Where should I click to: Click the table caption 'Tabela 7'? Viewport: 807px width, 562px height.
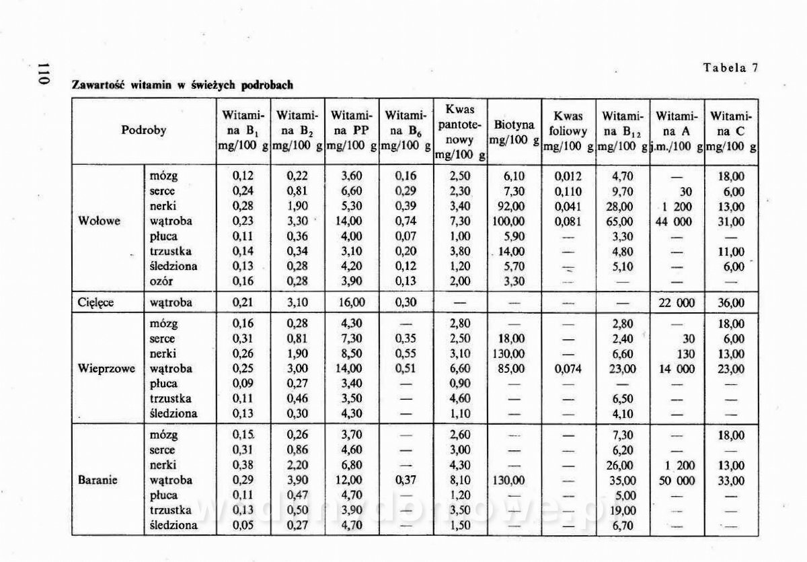[x=731, y=67]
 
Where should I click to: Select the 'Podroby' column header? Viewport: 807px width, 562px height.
[x=143, y=131]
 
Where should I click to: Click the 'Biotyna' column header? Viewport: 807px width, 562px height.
[x=514, y=125]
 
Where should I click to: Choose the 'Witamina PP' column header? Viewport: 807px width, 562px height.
[x=350, y=131]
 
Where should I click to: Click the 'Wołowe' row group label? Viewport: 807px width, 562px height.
[x=100, y=221]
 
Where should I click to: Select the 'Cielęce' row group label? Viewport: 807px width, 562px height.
[x=95, y=302]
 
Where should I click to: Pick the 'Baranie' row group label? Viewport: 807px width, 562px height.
[x=98, y=481]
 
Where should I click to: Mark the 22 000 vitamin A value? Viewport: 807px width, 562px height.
[x=677, y=302]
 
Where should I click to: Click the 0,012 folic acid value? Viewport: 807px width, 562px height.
[x=568, y=176]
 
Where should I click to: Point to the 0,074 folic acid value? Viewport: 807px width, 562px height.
[x=568, y=369]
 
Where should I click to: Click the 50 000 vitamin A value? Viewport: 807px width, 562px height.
[x=677, y=481]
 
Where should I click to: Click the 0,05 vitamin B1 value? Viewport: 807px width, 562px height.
[x=242, y=525]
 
